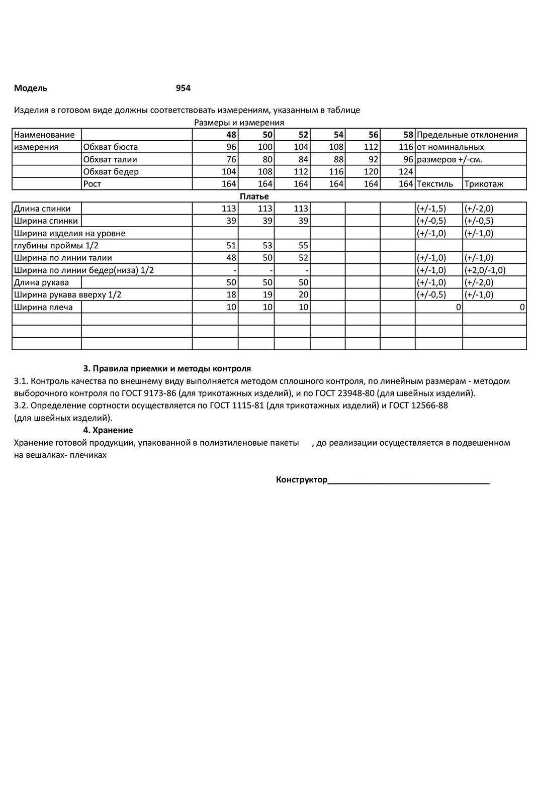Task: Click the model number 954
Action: coord(183,88)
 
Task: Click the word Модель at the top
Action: coord(31,88)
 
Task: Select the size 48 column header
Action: coord(231,135)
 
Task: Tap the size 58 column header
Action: coord(408,135)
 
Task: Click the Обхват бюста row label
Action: coord(111,147)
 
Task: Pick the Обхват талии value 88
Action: coord(336,159)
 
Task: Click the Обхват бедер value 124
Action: coord(406,172)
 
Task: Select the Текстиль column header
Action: coord(435,184)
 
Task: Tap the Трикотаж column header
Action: coord(484,184)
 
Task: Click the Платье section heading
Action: coord(254,196)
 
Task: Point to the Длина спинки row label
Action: coord(42,209)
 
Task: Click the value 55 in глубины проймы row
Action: coord(303,246)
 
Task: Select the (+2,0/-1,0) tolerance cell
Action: coord(485,270)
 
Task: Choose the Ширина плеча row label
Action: coord(43,307)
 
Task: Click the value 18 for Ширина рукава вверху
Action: coord(231,295)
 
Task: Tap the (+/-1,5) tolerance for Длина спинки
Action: coord(431,209)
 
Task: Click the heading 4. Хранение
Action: coord(108,430)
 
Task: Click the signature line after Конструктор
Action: coord(408,481)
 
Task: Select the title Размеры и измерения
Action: coord(239,123)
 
